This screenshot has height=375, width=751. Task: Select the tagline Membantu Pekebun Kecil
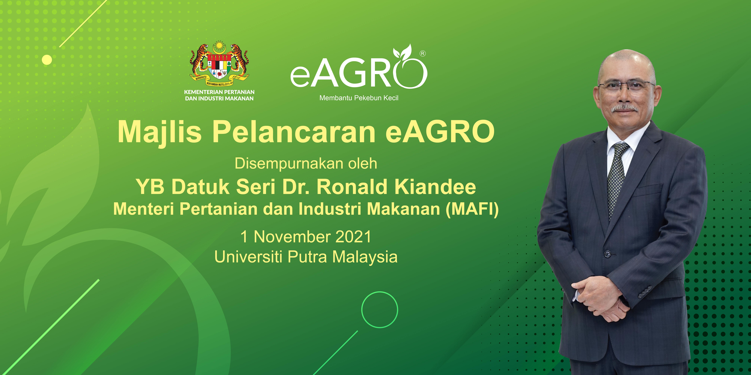point(359,98)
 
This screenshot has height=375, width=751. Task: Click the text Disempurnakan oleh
point(306,164)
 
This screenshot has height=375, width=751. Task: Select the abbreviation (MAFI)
point(472,209)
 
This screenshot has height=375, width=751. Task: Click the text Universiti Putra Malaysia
point(306,257)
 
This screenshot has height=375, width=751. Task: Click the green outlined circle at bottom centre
point(380,309)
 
